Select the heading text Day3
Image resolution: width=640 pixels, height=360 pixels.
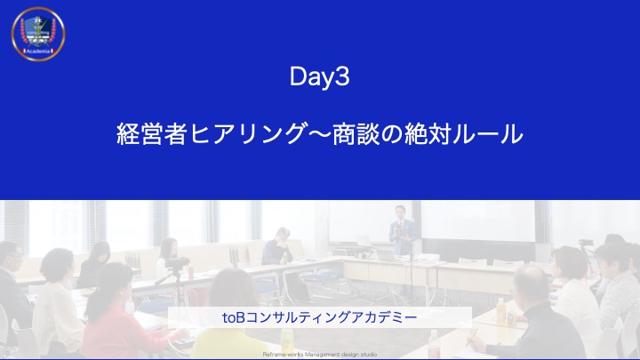click(x=319, y=77)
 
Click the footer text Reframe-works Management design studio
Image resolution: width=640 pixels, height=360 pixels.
click(x=320, y=354)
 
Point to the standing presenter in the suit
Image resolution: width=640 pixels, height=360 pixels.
click(x=400, y=231)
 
